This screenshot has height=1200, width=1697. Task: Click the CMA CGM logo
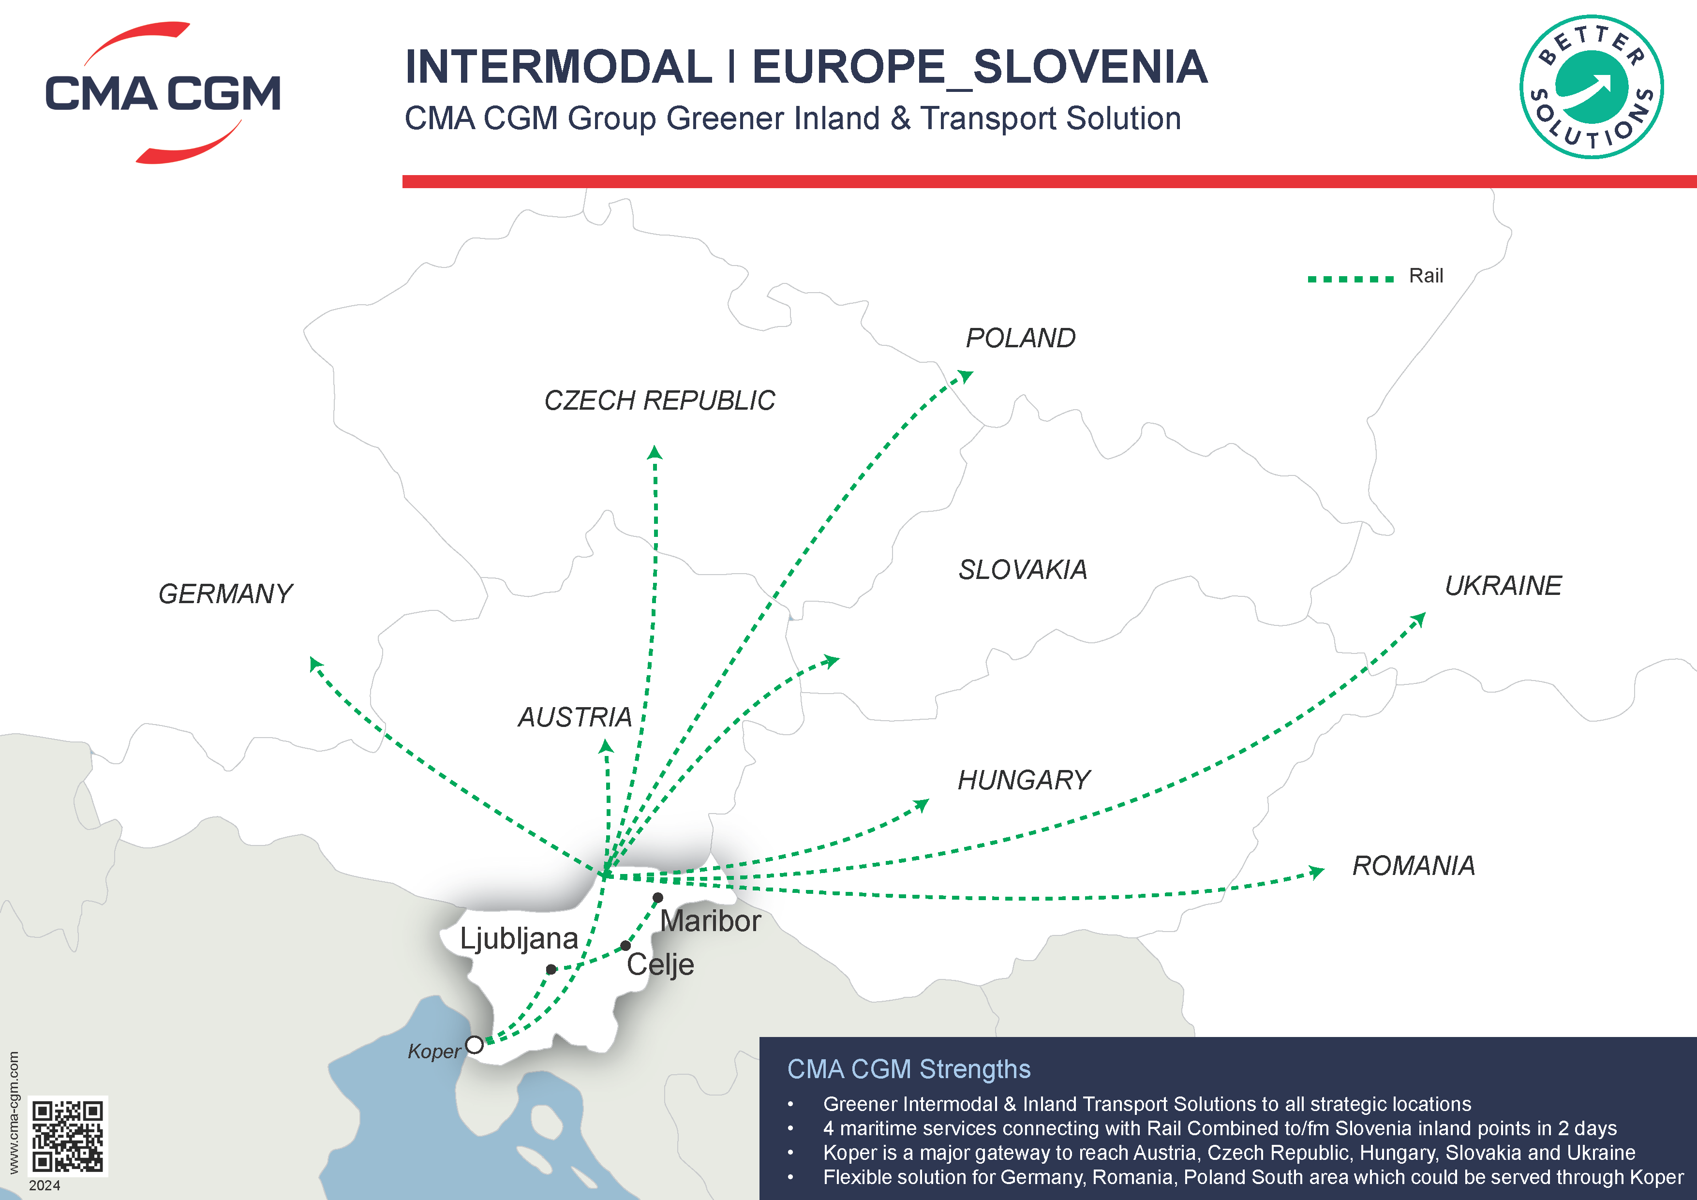pos(163,93)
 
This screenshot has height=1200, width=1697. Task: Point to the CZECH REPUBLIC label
pos(659,400)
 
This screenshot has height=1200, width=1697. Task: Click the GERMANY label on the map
pos(225,594)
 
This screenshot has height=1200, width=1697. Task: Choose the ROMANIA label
pos(1413,865)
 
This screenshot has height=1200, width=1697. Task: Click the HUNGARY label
pos(1024,780)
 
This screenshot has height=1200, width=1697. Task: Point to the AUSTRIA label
pos(574,717)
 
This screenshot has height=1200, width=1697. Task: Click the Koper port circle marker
pos(475,1045)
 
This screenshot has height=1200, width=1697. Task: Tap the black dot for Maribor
pos(658,898)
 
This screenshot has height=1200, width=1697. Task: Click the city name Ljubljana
pos(519,938)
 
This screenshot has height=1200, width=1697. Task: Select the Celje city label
pos(660,965)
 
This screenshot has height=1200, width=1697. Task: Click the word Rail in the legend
pos(1426,276)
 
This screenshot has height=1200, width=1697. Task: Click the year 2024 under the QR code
pos(45,1185)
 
